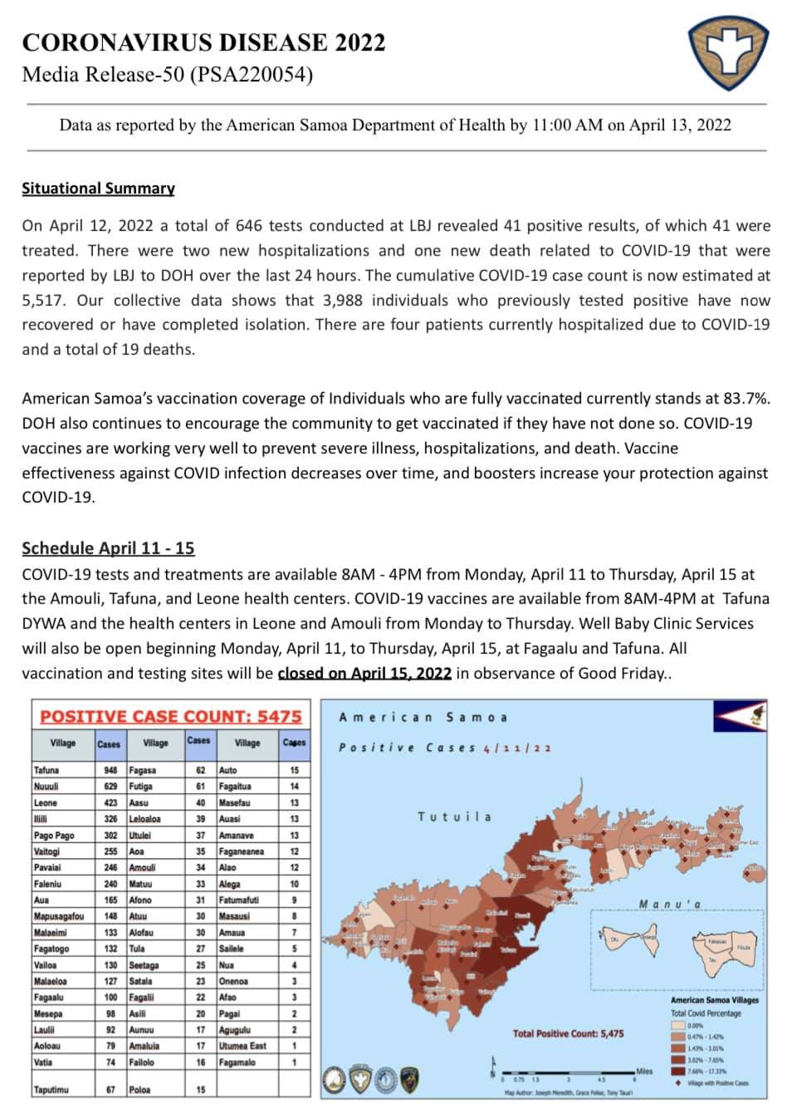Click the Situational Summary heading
[x=98, y=189]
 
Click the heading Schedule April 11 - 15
[x=108, y=548]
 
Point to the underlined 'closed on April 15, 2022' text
[x=364, y=673]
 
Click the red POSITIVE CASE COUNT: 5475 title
[x=171, y=716]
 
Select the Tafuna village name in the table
[x=47, y=770]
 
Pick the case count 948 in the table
[x=110, y=770]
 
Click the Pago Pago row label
[x=54, y=835]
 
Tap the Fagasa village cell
[x=143, y=770]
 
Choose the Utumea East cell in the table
[x=242, y=1046]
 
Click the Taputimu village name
[x=51, y=1089]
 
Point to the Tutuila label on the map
[x=454, y=816]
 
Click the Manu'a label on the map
[x=670, y=904]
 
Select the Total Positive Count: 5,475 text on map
[x=568, y=1033]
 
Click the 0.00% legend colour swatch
[x=677, y=1025]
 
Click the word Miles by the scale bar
[x=644, y=1071]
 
